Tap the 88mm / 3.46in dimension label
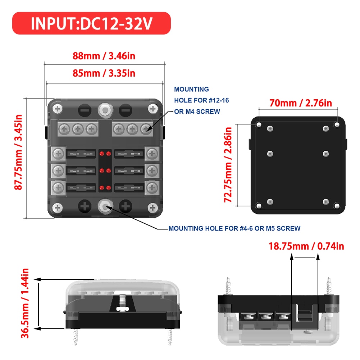[104, 56]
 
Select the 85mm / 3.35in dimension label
[104, 73]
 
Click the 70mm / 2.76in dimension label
[301, 103]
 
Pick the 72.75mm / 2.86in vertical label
[228, 164]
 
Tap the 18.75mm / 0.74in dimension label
[306, 246]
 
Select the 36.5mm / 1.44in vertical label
[26, 304]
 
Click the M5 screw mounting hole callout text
[234, 228]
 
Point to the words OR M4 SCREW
[197, 111]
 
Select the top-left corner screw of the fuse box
[58, 109]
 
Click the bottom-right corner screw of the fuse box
[153, 207]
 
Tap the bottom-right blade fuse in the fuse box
[129, 187]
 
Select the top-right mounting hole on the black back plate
[337, 124]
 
